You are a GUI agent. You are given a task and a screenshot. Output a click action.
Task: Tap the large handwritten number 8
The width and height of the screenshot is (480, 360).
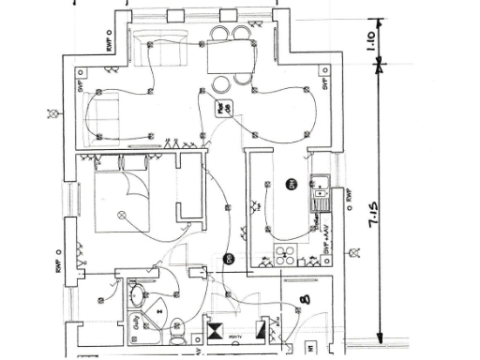tap(305, 302)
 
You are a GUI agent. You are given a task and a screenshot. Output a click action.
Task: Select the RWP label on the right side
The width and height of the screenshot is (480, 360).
tap(348, 197)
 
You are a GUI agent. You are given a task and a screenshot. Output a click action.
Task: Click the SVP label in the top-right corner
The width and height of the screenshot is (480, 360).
tap(323, 84)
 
